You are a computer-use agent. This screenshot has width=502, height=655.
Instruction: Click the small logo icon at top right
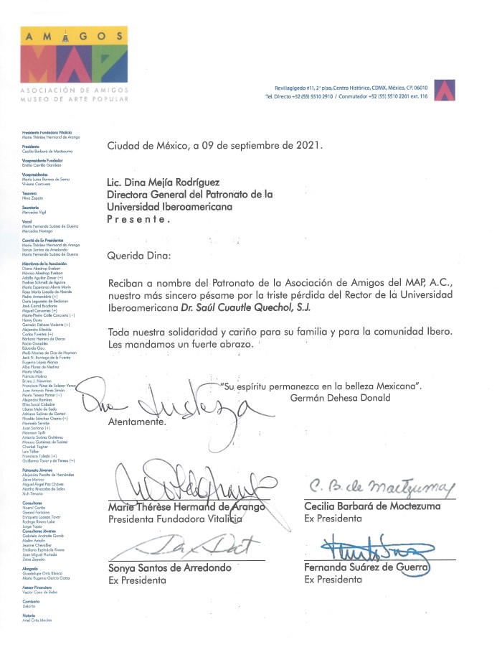(x=445, y=89)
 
